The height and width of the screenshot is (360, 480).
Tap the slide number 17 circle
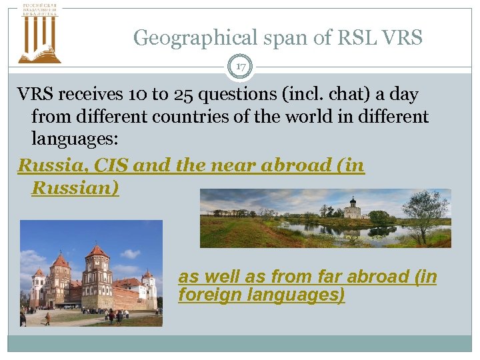[241, 67]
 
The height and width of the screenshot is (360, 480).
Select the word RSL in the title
[360, 38]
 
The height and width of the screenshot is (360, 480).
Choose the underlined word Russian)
[75, 188]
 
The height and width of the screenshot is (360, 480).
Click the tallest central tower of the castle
[97, 270]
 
